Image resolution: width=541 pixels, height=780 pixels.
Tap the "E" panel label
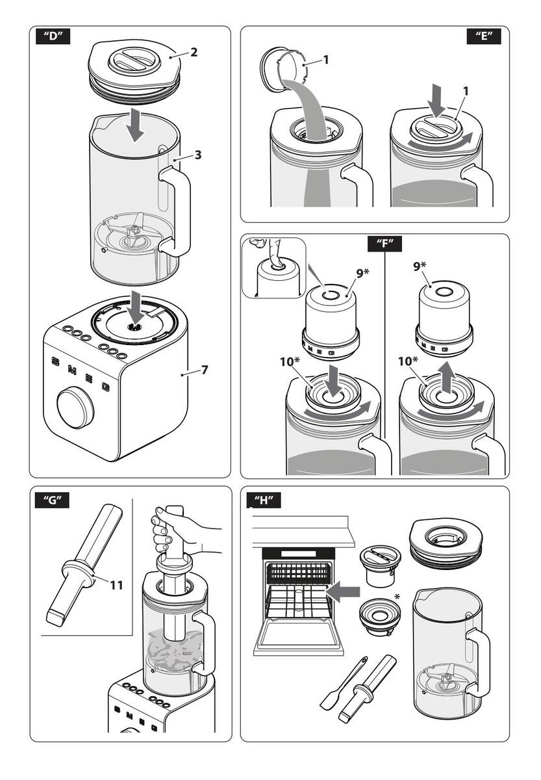tap(484, 36)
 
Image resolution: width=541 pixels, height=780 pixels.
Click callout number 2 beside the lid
tap(194, 53)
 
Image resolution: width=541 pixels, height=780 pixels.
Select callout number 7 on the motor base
tap(204, 370)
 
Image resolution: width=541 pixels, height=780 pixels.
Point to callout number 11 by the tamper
tap(116, 585)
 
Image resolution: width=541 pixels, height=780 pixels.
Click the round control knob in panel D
tap(75, 408)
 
